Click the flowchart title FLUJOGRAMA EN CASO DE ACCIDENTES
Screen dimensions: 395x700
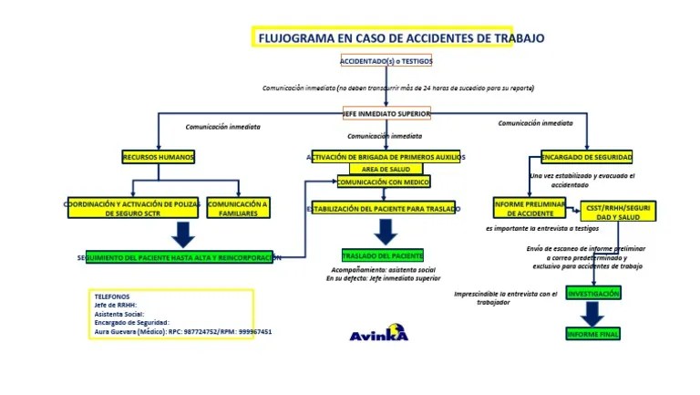click(401, 38)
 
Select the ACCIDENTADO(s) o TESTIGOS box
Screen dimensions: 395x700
click(386, 61)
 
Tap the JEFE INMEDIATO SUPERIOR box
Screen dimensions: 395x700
click(393, 113)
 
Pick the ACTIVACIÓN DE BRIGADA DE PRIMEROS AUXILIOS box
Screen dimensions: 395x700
click(387, 157)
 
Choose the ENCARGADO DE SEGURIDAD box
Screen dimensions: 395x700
click(587, 157)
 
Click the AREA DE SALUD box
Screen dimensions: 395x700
click(386, 170)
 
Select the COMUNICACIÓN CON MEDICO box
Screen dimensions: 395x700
click(382, 182)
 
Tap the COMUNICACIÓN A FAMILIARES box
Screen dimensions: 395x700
click(239, 208)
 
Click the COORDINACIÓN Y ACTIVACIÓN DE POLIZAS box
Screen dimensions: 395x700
click(133, 208)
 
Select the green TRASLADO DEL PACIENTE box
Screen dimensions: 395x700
click(382, 255)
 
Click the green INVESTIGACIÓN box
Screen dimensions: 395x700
click(593, 293)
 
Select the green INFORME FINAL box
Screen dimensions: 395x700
click(593, 335)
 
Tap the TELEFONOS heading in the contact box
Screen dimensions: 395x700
click(112, 296)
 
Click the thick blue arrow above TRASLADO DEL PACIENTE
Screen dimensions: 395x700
click(386, 232)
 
